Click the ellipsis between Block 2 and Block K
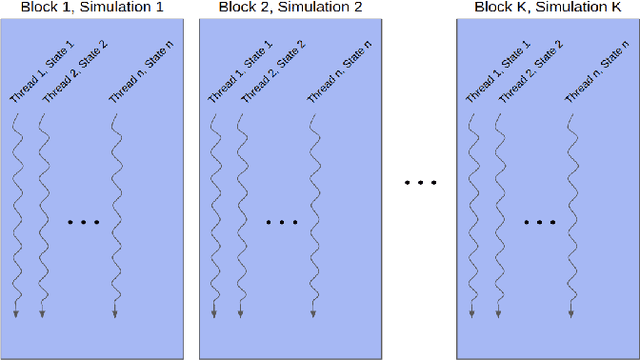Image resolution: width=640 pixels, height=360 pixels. click(x=420, y=183)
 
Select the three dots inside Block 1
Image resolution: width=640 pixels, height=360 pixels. click(x=83, y=221)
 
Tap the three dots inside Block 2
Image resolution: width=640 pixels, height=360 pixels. click(x=282, y=221)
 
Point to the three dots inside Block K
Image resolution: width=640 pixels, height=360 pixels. click(x=539, y=221)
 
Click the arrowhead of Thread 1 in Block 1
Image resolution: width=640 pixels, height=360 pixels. click(x=16, y=315)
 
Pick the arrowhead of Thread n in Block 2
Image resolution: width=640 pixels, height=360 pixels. click(x=312, y=315)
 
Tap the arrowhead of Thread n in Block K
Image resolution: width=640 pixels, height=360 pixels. click(x=570, y=315)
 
